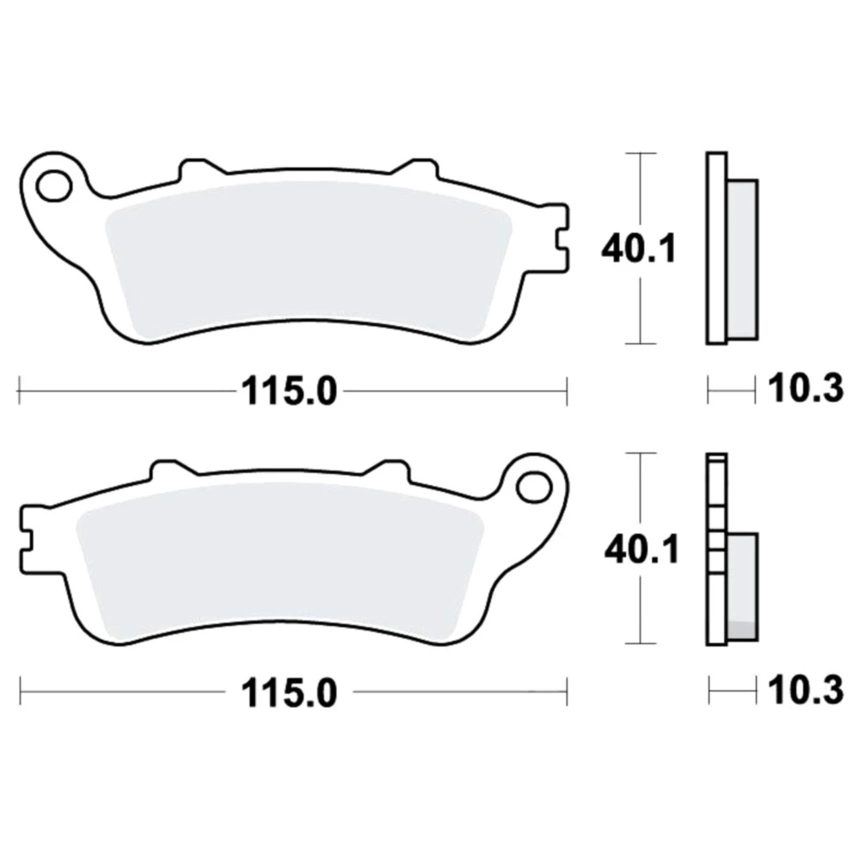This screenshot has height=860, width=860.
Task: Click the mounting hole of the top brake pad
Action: point(54,186)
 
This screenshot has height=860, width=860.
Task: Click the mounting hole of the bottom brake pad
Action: point(534,487)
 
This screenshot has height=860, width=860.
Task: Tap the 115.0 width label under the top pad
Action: point(289,391)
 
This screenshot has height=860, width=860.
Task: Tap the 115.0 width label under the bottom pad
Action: point(289,692)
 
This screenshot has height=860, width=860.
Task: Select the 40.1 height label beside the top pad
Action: point(639,249)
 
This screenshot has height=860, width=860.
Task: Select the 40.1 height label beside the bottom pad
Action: point(642,549)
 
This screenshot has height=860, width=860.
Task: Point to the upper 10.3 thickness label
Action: point(805,389)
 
